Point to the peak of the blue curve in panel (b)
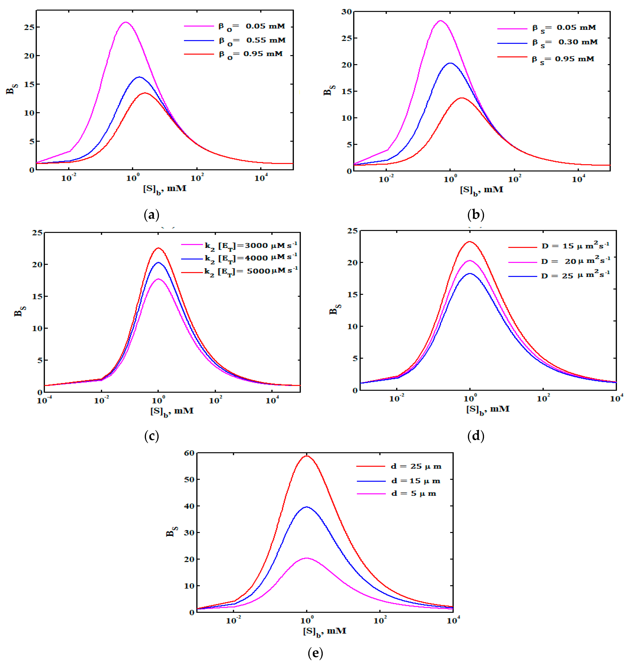pos(450,63)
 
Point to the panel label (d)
pos(476,436)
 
